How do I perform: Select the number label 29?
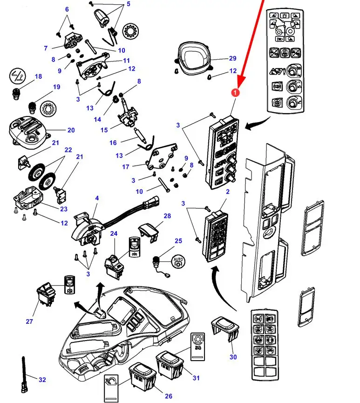tap(233, 58)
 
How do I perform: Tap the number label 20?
tap(71, 130)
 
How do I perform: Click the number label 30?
tap(233, 357)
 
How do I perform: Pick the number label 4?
tap(97, 198)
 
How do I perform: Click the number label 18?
tap(38, 76)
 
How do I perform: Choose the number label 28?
tap(167, 216)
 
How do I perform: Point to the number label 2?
tap(228, 192)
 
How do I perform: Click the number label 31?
tap(196, 378)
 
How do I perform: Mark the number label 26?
tap(169, 396)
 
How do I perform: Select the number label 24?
tap(113, 233)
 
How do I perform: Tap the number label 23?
tap(64, 209)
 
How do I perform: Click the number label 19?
tap(56, 87)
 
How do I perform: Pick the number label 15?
tap(104, 130)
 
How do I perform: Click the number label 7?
tap(46, 48)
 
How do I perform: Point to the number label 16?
tap(113, 143)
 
